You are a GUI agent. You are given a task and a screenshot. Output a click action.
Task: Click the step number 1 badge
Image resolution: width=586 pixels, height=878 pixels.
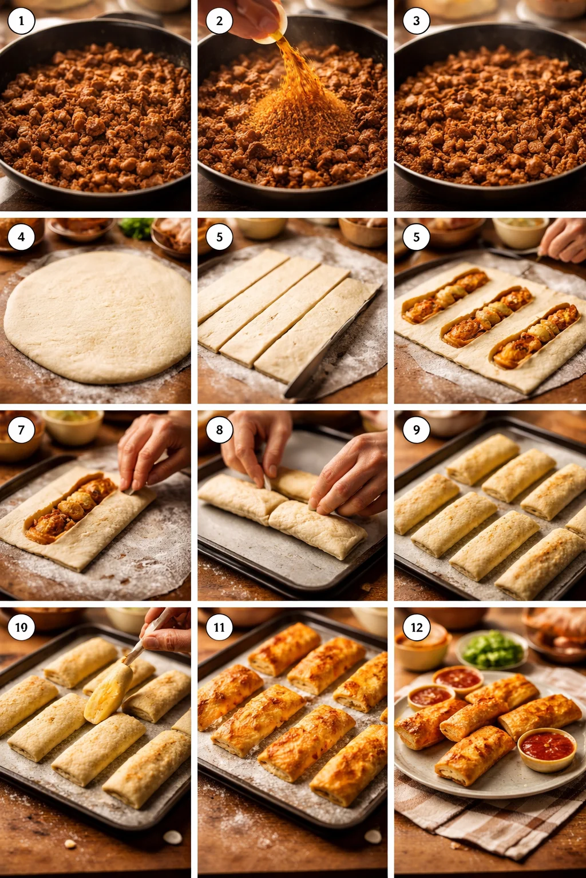[21, 21]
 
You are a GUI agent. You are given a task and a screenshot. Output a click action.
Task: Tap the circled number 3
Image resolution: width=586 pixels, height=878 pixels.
[416, 21]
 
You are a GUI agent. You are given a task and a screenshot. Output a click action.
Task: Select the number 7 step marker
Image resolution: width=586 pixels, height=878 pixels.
[21, 430]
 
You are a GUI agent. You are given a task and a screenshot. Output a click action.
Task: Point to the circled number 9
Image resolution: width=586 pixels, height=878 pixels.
[416, 430]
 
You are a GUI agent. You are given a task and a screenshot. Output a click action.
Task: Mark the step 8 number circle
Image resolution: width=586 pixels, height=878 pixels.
[219, 430]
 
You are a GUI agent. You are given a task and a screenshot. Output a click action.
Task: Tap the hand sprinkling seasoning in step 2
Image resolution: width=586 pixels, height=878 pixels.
[251, 18]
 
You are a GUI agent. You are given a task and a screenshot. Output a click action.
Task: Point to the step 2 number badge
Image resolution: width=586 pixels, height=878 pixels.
[219, 21]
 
